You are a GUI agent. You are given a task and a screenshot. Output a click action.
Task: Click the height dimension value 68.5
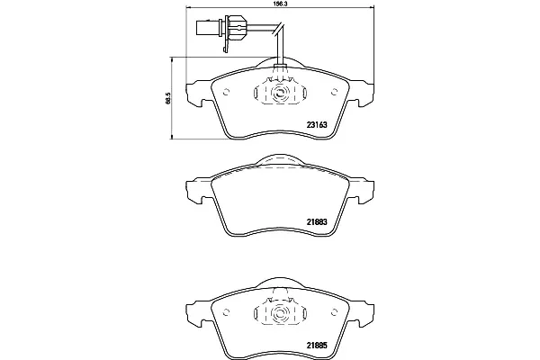[168, 98]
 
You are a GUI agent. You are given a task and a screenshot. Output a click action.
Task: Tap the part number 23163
[317, 125]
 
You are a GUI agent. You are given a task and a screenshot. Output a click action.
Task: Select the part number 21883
[317, 222]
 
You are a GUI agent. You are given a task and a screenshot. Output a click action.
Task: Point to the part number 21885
[317, 345]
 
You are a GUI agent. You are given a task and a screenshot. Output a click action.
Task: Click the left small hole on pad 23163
[226, 92]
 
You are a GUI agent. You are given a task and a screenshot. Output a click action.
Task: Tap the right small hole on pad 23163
[334, 92]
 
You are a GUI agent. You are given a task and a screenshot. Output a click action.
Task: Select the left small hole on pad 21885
[226, 312]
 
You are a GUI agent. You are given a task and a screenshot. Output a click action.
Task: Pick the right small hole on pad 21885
[334, 312]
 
